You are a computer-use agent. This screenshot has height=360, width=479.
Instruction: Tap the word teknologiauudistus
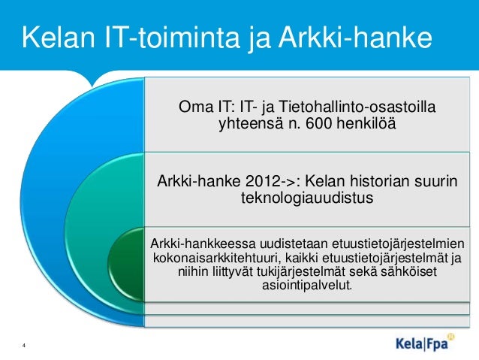(306, 199)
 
